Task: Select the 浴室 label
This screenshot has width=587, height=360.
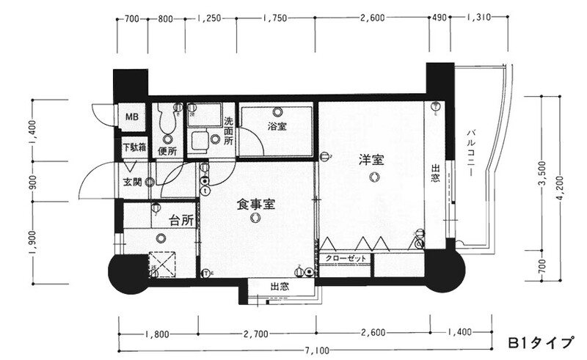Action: click(x=277, y=127)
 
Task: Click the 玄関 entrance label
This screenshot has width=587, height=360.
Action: click(x=131, y=183)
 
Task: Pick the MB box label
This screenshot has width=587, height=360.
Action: click(x=132, y=117)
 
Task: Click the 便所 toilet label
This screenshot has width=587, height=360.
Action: click(x=167, y=152)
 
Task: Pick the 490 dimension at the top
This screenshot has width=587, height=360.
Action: click(x=440, y=20)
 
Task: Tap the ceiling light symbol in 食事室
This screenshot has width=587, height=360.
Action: click(x=255, y=218)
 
